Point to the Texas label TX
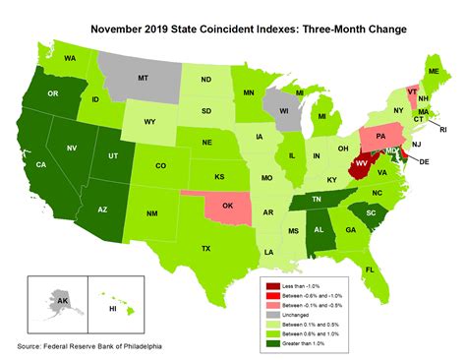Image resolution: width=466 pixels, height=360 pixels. tap(205, 249)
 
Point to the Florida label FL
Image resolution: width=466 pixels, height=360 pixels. tap(370, 269)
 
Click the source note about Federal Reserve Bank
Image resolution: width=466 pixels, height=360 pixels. tap(88, 347)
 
